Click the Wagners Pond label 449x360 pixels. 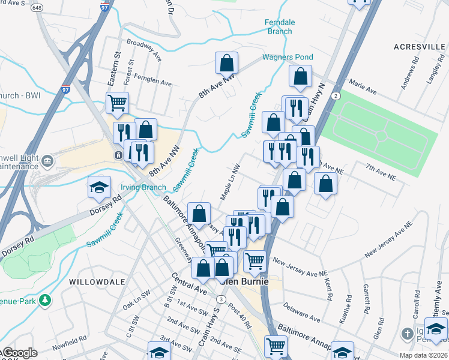[x=288, y=58]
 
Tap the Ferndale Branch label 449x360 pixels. [x=280, y=27]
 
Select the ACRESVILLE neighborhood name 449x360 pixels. [x=418, y=46]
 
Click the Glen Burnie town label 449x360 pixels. [x=244, y=281]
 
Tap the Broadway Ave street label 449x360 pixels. [x=145, y=50]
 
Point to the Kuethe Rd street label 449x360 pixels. [x=343, y=313]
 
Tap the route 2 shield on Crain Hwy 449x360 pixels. [x=337, y=95]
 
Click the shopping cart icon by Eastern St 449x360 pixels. [x=117, y=102]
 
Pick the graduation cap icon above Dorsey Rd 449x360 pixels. [x=99, y=188]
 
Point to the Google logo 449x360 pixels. [x=19, y=353]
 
